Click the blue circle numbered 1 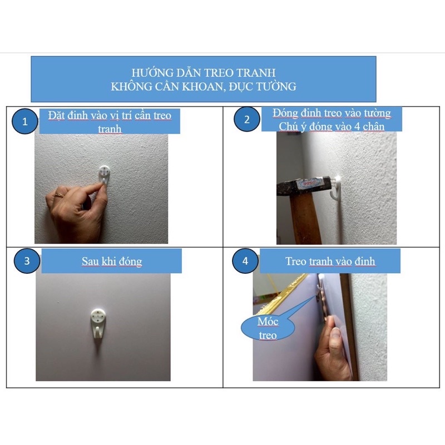tap(24, 121)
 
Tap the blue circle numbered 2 tap(246, 119)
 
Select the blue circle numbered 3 tap(27, 261)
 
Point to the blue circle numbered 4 tap(245, 261)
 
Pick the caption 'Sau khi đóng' tap(112, 261)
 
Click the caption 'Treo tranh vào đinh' tap(330, 261)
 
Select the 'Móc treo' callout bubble tap(268, 328)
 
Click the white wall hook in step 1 tap(105, 174)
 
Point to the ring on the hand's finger tap(60, 195)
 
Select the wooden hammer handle tap(301, 219)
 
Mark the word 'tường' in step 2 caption tap(377, 113)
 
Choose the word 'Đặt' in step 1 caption tap(56, 116)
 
